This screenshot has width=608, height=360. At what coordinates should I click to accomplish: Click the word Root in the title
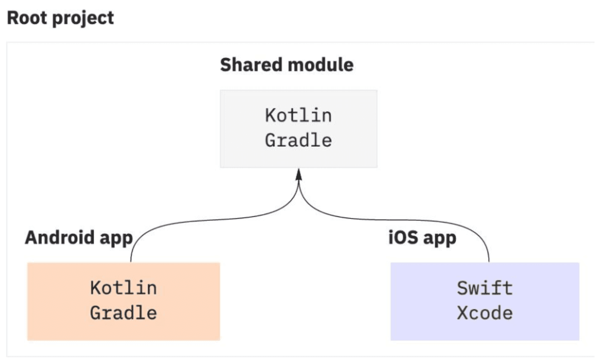[x=27, y=18]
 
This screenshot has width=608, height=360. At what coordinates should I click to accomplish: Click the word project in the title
[x=83, y=19]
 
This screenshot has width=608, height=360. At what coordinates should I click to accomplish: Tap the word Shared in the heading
[x=251, y=65]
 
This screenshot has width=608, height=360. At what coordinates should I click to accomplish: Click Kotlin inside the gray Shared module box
[x=298, y=116]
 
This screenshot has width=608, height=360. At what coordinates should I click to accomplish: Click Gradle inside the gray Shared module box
[x=298, y=140]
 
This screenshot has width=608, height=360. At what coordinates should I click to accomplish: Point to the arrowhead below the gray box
[x=299, y=175]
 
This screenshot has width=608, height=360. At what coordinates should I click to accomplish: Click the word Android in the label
[x=60, y=237]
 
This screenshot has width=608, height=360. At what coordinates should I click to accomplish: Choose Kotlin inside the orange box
[x=124, y=288]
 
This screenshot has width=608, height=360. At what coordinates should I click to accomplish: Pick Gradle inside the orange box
[x=124, y=313]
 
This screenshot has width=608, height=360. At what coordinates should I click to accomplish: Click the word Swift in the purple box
[x=485, y=288]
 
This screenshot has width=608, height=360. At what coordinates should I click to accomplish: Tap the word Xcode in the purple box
[x=485, y=313]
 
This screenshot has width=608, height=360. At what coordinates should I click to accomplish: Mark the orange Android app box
[x=124, y=301]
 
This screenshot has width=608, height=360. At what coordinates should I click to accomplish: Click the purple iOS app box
[x=485, y=301]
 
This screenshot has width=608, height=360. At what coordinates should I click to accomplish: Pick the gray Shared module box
[x=299, y=129]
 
